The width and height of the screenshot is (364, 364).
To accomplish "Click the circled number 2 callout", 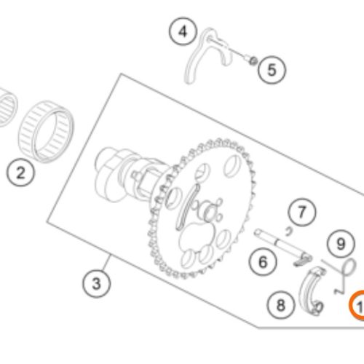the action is [20, 173].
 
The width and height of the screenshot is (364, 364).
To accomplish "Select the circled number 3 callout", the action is [96, 283].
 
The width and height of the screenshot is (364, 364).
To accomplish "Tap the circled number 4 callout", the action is [183, 31].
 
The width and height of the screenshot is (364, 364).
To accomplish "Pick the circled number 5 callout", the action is [272, 70].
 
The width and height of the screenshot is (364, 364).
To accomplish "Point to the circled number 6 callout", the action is [263, 262].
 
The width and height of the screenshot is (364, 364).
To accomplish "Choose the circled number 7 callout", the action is [302, 212].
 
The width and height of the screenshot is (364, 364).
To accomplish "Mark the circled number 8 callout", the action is [280, 305].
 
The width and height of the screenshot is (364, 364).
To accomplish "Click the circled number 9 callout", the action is [341, 244].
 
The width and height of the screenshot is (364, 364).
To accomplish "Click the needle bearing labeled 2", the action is [46, 132].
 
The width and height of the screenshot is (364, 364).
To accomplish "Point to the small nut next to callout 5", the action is [253, 60].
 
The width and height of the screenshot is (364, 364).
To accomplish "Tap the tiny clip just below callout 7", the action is [288, 232].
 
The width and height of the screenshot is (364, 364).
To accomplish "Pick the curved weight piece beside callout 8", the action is [312, 290].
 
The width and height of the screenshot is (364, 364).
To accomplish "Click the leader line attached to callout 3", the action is [106, 263].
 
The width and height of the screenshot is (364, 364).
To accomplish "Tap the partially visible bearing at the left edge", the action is [7, 107].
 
